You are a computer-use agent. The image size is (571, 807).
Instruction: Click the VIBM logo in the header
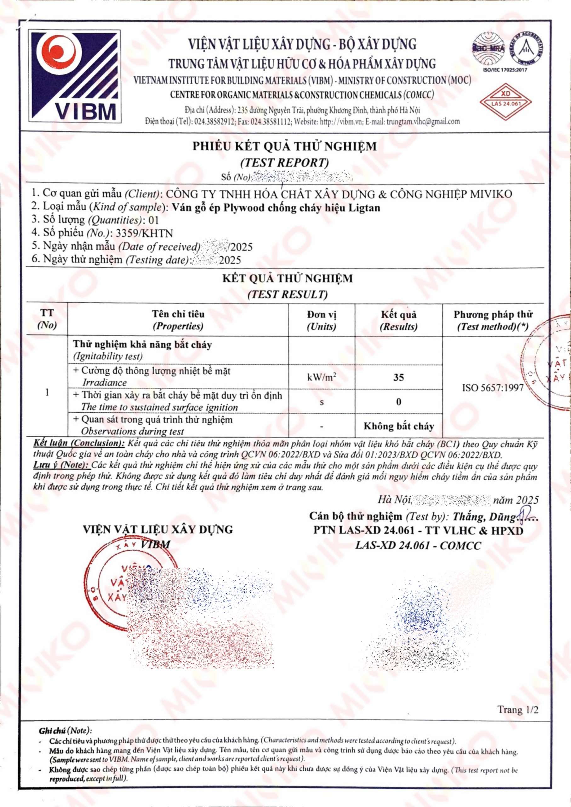75,76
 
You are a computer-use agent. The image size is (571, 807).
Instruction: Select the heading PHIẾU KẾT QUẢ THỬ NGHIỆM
284,146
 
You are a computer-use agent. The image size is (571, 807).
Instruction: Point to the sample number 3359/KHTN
144,233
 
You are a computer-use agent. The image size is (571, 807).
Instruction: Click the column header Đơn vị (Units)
321,320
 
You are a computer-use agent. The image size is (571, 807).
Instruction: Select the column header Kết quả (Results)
398,320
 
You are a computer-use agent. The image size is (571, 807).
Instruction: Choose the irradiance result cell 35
398,377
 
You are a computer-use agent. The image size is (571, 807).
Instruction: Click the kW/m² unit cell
321,377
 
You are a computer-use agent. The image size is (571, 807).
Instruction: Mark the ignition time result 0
398,402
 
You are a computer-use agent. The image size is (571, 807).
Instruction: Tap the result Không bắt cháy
398,426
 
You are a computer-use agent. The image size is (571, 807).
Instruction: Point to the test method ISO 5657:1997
493,388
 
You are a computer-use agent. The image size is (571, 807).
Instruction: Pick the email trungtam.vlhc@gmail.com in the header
423,122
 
